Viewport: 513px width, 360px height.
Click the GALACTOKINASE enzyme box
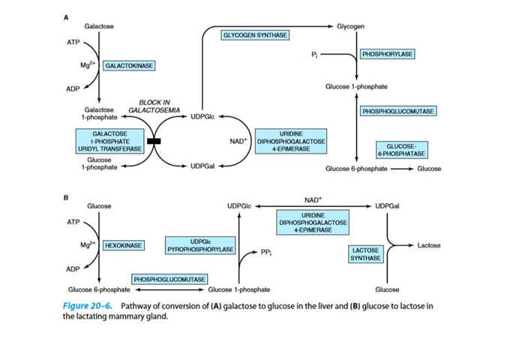129,66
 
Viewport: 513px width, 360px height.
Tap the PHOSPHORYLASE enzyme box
387,55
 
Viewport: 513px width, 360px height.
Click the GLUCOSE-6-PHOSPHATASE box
406,149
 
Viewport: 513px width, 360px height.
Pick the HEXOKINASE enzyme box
124,245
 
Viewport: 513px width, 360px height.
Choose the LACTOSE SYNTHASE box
365,253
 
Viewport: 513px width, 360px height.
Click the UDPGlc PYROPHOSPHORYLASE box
200,244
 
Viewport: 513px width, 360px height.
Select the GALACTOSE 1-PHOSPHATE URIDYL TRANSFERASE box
109,141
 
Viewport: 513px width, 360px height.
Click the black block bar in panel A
154,141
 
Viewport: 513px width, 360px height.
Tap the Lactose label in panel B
429,245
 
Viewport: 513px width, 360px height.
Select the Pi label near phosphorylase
314,55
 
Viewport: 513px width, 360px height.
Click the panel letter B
65,198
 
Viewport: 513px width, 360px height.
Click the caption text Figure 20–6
88,306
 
